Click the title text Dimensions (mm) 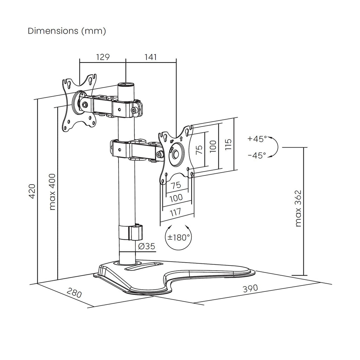67,31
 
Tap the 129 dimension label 103,57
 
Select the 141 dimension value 150,57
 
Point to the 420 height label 32,191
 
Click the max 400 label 52,192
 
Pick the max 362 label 298,209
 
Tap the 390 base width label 250,288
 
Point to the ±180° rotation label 179,237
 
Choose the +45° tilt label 257,139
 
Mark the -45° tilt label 257,155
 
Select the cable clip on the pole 136,232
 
